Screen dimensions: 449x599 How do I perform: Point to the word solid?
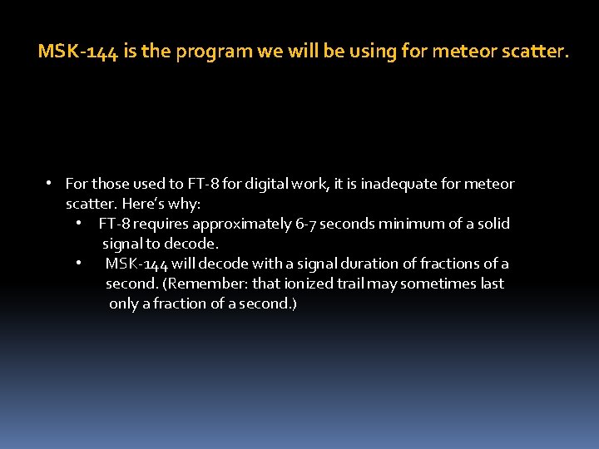point(492,224)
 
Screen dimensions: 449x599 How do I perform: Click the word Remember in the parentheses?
point(203,284)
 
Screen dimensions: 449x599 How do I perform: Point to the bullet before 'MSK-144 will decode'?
point(77,264)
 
